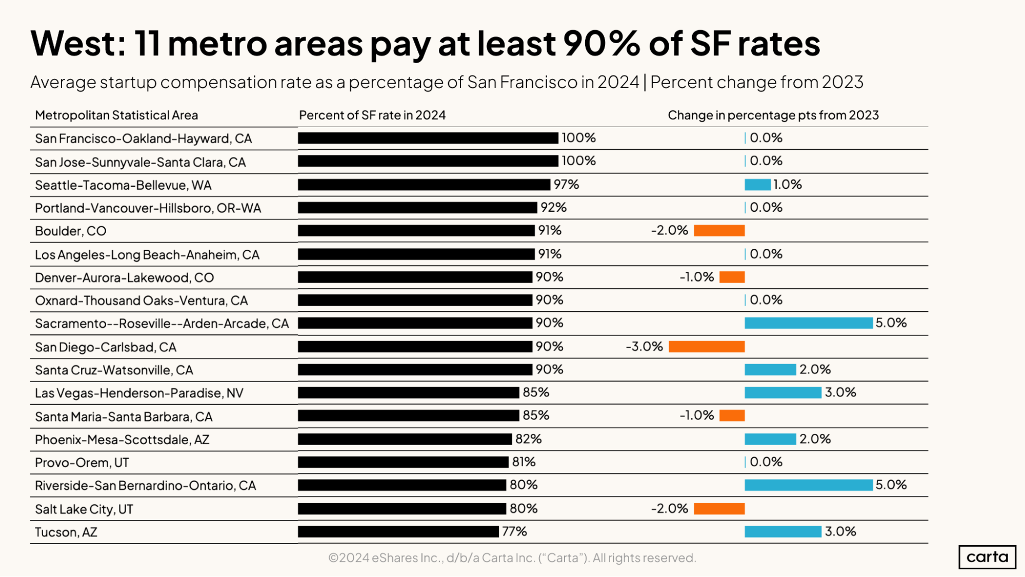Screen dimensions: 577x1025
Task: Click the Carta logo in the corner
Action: click(x=987, y=557)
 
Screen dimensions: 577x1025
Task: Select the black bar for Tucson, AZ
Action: click(x=398, y=532)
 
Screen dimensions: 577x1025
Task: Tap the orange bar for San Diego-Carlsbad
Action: click(x=706, y=347)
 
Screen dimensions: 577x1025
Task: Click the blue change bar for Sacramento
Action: click(x=808, y=323)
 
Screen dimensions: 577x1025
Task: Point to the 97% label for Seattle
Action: click(x=566, y=185)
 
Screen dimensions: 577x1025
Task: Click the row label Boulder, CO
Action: click(x=71, y=231)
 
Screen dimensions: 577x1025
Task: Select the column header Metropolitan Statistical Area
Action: click(x=116, y=115)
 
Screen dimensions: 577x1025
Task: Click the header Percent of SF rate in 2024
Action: click(x=372, y=115)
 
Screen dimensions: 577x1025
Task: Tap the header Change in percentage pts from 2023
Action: click(x=773, y=115)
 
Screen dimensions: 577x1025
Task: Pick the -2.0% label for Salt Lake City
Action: click(x=669, y=509)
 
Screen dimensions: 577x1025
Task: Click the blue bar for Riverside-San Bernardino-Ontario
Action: click(x=808, y=485)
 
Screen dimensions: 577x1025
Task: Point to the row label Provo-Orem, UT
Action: click(x=82, y=463)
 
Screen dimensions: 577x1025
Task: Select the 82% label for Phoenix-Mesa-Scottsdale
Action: click(x=528, y=439)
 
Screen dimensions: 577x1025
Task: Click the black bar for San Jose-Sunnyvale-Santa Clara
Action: click(x=428, y=161)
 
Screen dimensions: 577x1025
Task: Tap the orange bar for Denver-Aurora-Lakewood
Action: click(x=732, y=277)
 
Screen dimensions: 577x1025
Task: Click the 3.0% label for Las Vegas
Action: click(x=840, y=393)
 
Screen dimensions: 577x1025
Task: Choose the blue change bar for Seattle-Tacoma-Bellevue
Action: click(x=757, y=185)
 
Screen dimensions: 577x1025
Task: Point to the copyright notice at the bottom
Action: click(x=512, y=558)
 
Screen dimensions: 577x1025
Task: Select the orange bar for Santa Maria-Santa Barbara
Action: click(x=732, y=416)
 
